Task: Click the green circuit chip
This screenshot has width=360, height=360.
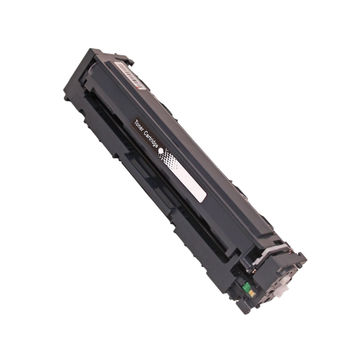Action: pyautogui.click(x=247, y=287)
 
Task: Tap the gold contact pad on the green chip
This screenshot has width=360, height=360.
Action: pyautogui.click(x=252, y=293)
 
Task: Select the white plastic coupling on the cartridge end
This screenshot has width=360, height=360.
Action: pyautogui.click(x=282, y=291)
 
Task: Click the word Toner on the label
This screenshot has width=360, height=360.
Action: pyautogui.click(x=138, y=125)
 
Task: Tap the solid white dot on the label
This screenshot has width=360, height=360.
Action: pyautogui.click(x=161, y=150)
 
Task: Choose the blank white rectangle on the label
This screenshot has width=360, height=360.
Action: pyautogui.click(x=190, y=183)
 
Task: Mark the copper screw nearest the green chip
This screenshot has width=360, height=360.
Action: pyautogui.click(x=253, y=271)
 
